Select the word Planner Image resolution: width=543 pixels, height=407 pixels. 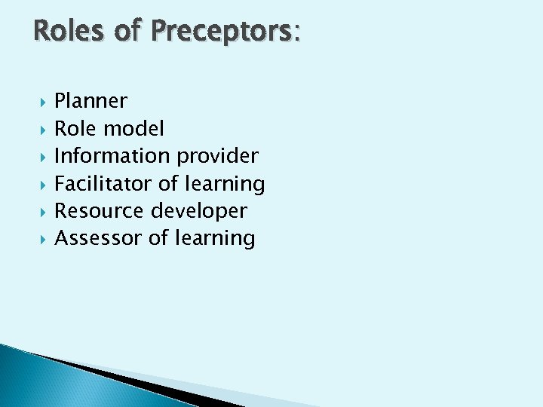click(x=91, y=101)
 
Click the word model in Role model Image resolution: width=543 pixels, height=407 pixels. click(x=133, y=128)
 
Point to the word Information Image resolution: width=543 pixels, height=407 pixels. click(x=112, y=156)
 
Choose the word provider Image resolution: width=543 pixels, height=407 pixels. click(x=217, y=156)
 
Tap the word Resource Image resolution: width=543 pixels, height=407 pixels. click(x=100, y=210)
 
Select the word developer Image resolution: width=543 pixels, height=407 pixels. click(x=199, y=211)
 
